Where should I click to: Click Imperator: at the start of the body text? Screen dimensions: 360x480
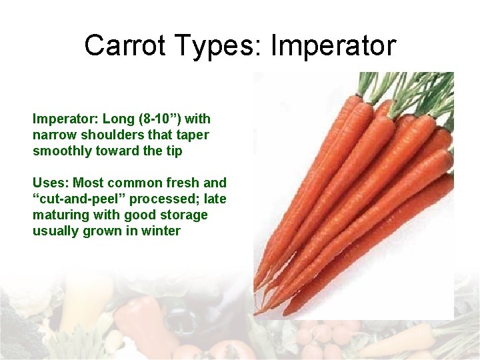[x=63, y=119]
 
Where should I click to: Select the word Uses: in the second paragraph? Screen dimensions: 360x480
[x=51, y=183]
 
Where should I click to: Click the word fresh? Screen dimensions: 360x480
[x=181, y=183]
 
